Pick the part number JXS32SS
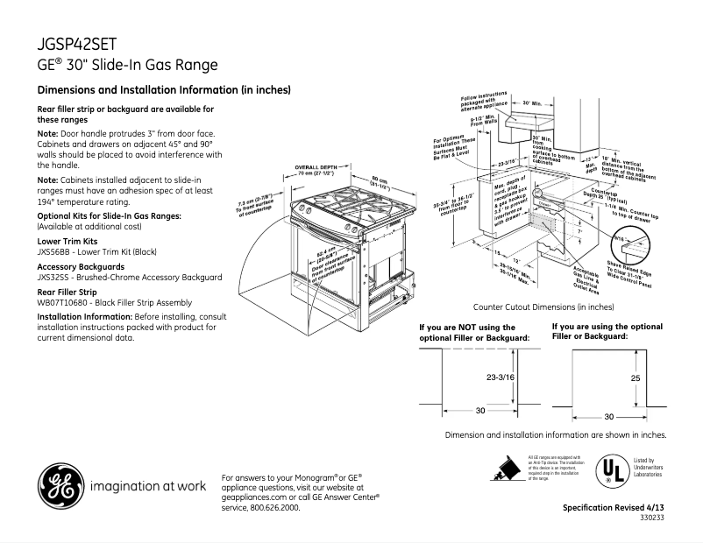[53, 277]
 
